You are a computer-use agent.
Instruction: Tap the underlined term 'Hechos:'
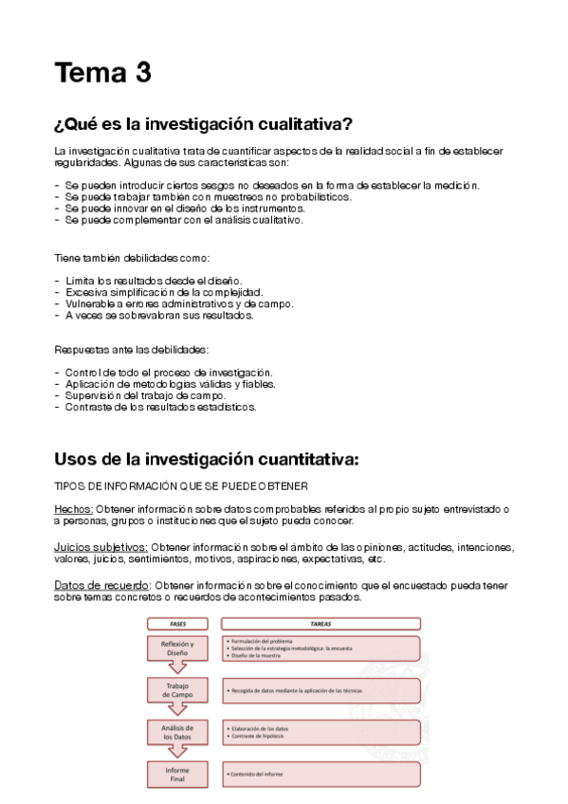[x=73, y=509]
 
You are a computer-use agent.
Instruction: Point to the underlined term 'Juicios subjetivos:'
[x=101, y=547]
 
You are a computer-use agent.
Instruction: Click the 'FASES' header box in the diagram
[x=176, y=624]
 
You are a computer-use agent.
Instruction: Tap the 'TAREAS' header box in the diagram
[x=321, y=624]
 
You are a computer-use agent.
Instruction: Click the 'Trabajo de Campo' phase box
[x=176, y=690]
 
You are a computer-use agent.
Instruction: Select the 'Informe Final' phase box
[x=176, y=774]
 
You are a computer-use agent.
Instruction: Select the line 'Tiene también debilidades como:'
[x=131, y=258]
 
